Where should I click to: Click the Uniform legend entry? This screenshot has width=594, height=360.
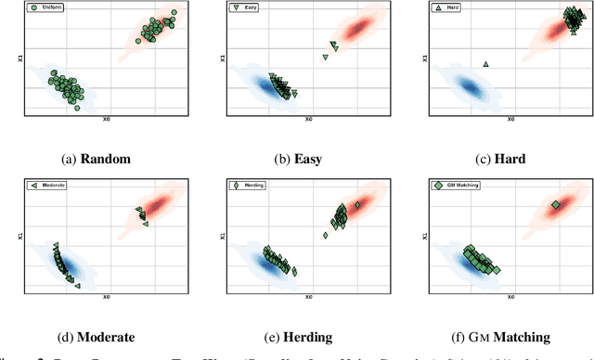(x=47, y=7)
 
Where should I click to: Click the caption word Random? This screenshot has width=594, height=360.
(x=106, y=159)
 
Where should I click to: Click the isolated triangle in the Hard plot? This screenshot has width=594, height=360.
(x=485, y=64)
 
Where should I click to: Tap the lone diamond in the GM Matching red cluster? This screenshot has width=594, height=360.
(x=555, y=205)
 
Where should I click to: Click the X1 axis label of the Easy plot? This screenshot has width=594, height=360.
(x=221, y=58)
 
